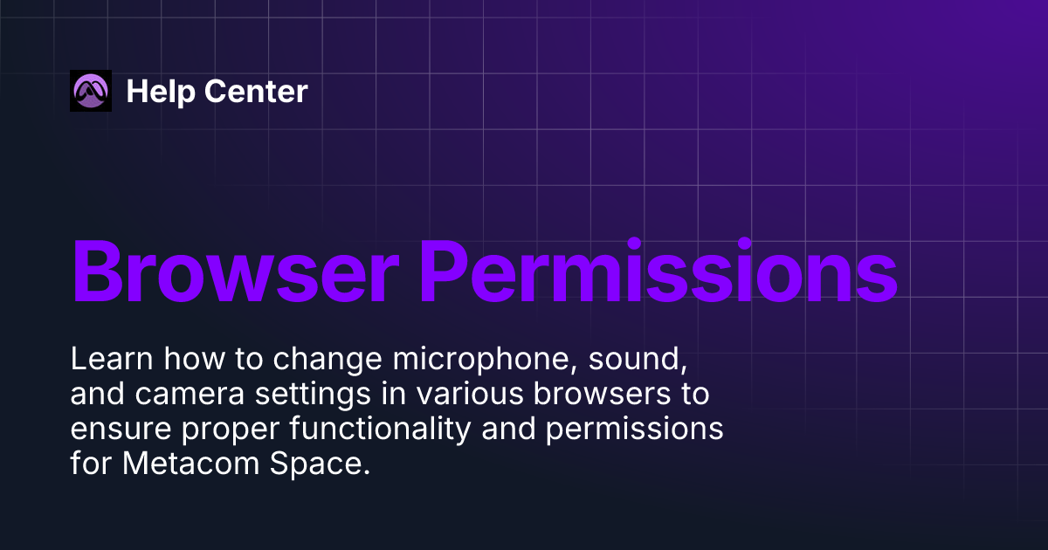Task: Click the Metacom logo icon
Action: [91, 91]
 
